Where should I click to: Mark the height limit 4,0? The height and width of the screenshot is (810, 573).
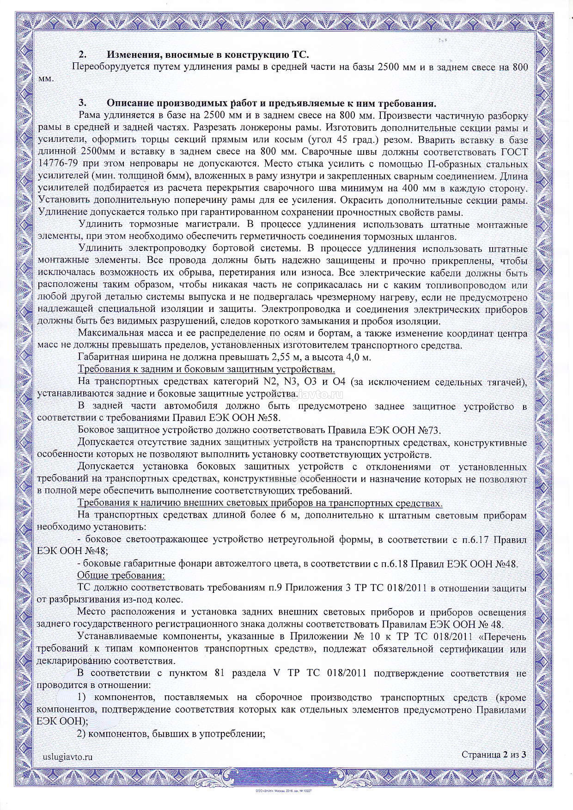(x=353, y=357)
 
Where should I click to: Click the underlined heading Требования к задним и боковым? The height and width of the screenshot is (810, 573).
(x=206, y=369)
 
